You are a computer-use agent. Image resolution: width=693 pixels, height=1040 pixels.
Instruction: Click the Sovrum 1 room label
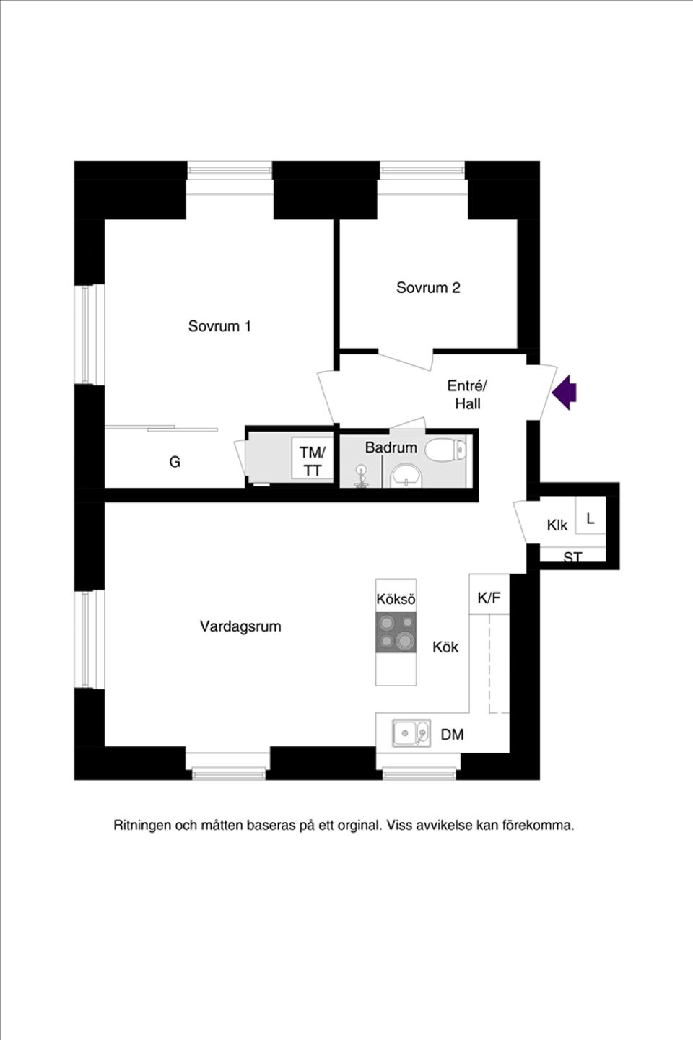219,326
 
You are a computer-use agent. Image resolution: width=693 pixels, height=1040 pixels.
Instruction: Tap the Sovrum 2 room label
428,288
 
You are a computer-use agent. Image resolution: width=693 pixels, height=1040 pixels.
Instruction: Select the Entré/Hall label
467,394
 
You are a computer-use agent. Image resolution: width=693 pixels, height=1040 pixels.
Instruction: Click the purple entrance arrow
565,393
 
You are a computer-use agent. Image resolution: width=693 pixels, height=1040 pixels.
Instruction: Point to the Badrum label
391,447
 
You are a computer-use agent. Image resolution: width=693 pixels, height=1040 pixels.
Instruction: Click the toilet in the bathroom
445,451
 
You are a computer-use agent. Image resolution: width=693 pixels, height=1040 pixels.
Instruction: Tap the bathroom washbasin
405,477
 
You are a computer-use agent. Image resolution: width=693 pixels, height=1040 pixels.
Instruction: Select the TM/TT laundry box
313,460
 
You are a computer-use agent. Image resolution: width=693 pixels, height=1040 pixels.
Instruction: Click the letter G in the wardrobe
175,462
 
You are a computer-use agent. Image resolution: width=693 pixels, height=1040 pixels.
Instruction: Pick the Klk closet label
557,525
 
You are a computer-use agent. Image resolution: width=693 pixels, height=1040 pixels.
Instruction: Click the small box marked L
590,518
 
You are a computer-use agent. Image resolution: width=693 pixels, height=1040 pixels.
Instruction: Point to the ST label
573,557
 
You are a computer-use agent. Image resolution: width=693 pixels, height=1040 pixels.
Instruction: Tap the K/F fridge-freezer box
489,597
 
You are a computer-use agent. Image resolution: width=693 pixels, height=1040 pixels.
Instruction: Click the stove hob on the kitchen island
396,632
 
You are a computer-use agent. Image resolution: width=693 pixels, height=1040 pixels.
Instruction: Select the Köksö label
396,599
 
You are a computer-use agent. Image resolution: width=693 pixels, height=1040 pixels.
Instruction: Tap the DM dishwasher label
452,735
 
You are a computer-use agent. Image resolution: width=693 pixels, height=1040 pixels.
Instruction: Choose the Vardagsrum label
240,626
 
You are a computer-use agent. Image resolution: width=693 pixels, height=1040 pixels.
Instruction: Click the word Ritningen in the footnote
142,825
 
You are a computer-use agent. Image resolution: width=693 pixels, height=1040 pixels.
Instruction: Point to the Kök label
445,647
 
